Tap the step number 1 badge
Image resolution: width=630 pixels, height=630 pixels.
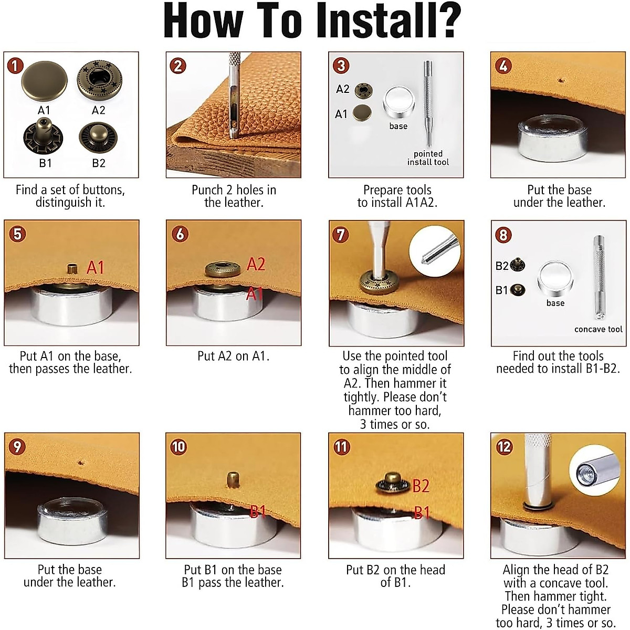coord(15,66)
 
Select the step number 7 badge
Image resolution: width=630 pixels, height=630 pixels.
coord(341,234)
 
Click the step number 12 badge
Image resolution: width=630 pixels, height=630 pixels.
coord(504,447)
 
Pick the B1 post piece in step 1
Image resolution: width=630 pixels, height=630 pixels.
coord(43,136)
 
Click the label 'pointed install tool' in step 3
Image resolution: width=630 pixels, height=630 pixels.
coord(428,157)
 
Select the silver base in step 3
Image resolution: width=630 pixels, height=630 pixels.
coord(399,103)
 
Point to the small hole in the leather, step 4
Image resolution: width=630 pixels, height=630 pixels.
coord(561,80)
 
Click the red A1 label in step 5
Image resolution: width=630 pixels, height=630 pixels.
coord(95,267)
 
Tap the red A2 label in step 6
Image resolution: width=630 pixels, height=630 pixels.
coord(256,264)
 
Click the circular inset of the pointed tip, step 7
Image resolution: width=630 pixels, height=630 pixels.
coord(435,251)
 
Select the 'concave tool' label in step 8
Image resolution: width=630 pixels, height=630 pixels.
coord(598,329)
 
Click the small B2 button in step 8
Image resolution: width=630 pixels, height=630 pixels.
coord(518,265)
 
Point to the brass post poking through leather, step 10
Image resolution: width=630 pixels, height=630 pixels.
coord(232,480)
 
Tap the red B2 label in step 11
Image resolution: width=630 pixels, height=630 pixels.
coord(421,486)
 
